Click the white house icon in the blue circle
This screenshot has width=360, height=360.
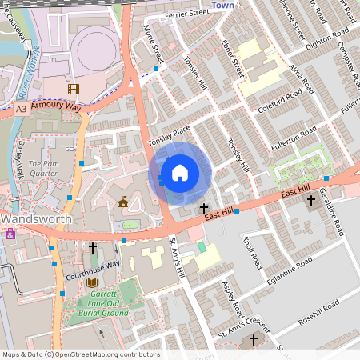coord(180,172)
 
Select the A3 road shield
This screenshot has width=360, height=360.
coord(21,108)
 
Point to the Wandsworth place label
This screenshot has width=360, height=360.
coord(37,218)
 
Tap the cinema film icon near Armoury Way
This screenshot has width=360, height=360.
coord(74,89)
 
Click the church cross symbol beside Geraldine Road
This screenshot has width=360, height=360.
coord(311,201)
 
